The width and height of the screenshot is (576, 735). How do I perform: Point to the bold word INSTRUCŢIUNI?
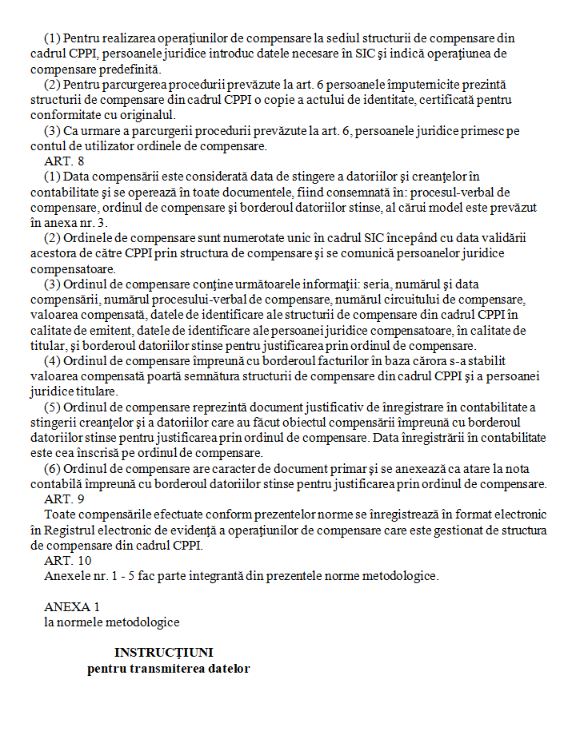coord(163,653)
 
